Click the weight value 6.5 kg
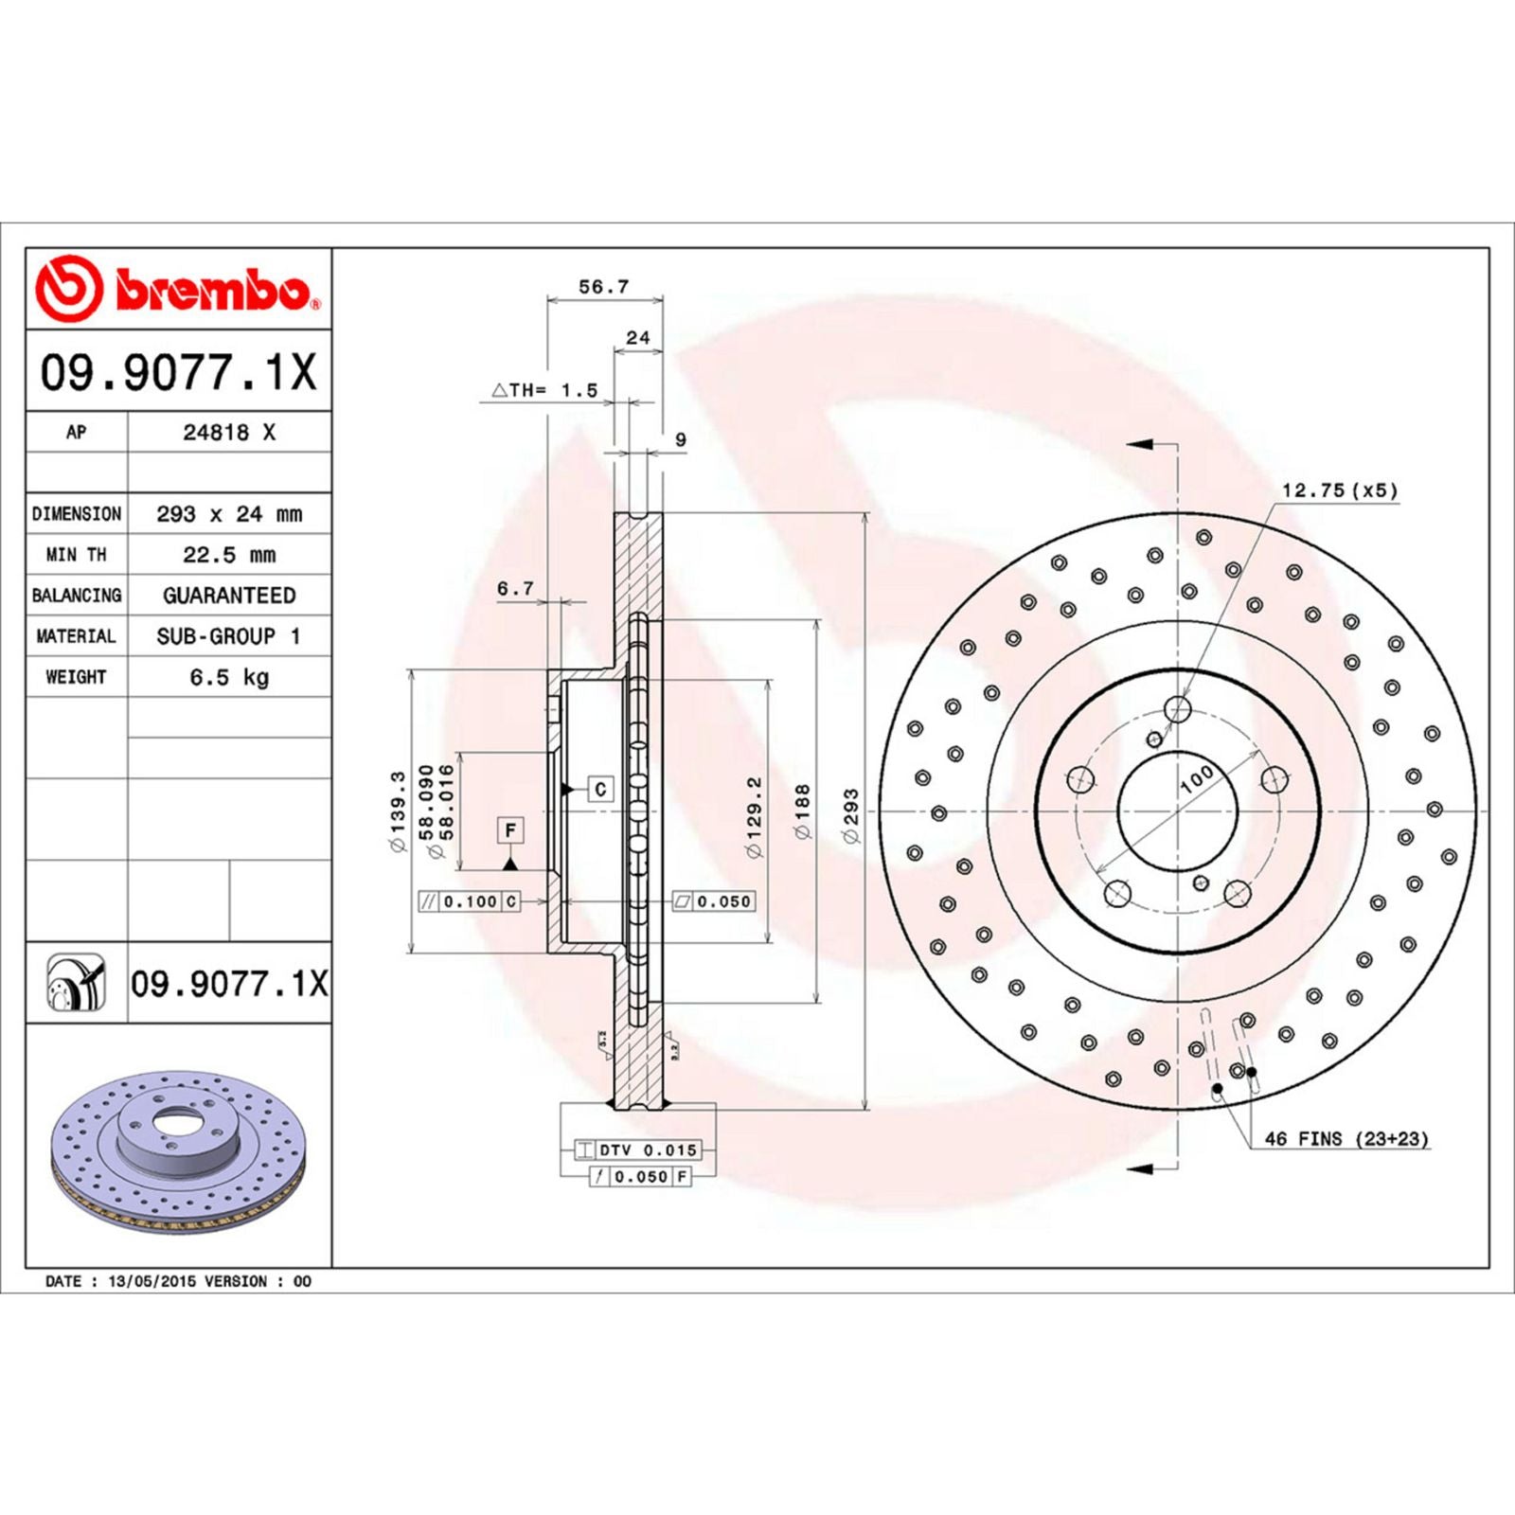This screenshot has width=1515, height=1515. pos(229,677)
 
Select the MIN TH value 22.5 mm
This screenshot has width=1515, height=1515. pos(229,555)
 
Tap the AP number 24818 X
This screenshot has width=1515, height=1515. pos(229,433)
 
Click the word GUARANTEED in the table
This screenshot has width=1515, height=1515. pos(229,596)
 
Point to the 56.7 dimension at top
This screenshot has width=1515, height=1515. pos(603,286)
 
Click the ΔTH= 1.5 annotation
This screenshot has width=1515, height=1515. pos(545,390)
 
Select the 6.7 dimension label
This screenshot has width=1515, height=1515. pos(516,588)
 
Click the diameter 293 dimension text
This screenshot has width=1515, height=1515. pos(851,815)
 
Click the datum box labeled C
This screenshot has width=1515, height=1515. pos(600,789)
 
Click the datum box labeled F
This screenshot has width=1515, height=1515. pos(510,830)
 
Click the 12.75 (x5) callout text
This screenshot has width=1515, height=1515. pos(1339,490)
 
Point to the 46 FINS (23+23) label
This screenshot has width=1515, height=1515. pos(1346,1138)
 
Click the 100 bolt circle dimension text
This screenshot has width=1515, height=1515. pos(1197,778)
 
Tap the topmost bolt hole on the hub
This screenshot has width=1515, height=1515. pos(1177,708)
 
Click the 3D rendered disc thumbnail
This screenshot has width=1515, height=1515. pos(178,1151)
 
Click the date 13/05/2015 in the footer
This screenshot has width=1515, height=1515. pos(152,1281)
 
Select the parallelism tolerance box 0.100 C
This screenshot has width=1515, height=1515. pos(470,901)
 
